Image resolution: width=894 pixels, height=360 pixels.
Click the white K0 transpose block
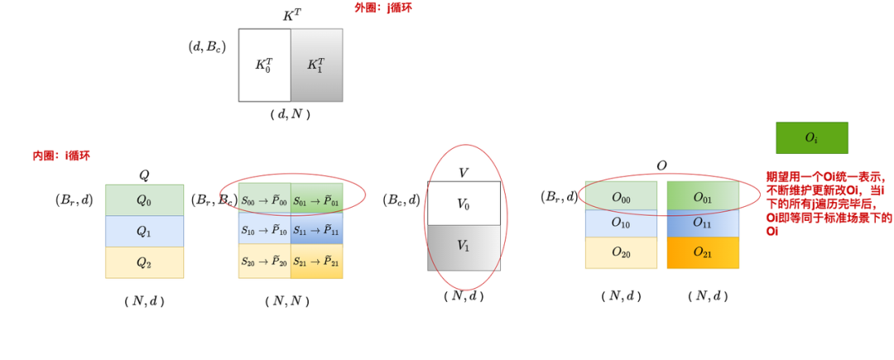tap(264, 65)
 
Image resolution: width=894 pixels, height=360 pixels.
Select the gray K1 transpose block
tap(316, 65)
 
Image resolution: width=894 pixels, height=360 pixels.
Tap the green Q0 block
tap(144, 200)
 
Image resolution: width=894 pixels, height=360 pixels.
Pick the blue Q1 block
tap(144, 232)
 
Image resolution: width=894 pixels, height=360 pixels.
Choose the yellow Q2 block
tap(144, 262)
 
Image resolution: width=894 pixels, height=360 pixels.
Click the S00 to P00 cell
tap(264, 200)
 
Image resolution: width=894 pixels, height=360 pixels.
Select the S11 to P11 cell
tap(316, 231)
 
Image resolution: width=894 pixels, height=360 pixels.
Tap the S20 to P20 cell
tap(264, 262)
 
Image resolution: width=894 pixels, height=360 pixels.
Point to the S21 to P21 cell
tap(316, 262)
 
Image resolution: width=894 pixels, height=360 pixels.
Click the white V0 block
tap(464, 204)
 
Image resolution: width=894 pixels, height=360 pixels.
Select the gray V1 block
tap(464, 247)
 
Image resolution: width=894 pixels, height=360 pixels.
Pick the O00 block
tap(621, 196)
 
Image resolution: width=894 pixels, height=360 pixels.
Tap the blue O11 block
tap(703, 223)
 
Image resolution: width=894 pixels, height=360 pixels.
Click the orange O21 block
tap(703, 252)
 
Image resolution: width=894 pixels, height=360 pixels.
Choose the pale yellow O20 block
tap(621, 252)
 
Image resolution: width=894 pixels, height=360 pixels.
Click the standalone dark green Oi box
tap(811, 138)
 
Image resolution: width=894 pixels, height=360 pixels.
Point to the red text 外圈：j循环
tap(383, 7)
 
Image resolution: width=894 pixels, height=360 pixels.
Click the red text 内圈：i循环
tap(61, 155)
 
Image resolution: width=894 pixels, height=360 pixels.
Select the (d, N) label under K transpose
tap(290, 115)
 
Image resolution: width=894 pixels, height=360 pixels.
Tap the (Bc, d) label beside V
tap(401, 199)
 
